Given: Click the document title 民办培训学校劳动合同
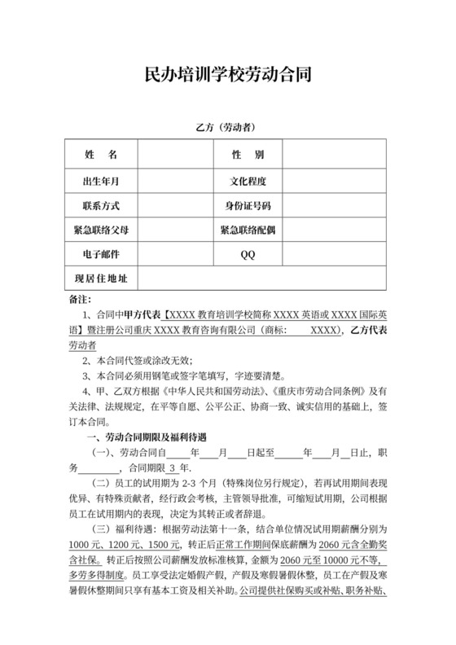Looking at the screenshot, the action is click(227, 75).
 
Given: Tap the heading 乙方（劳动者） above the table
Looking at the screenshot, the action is click(227, 128).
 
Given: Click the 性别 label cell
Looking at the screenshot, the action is click(248, 155).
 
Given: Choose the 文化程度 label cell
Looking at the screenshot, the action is click(248, 181).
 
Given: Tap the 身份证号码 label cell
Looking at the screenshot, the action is click(248, 205).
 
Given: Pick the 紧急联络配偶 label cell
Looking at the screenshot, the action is click(248, 230).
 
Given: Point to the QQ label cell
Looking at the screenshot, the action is click(248, 255).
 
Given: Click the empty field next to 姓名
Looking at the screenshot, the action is click(173, 155).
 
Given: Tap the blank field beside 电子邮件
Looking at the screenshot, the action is click(173, 255).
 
